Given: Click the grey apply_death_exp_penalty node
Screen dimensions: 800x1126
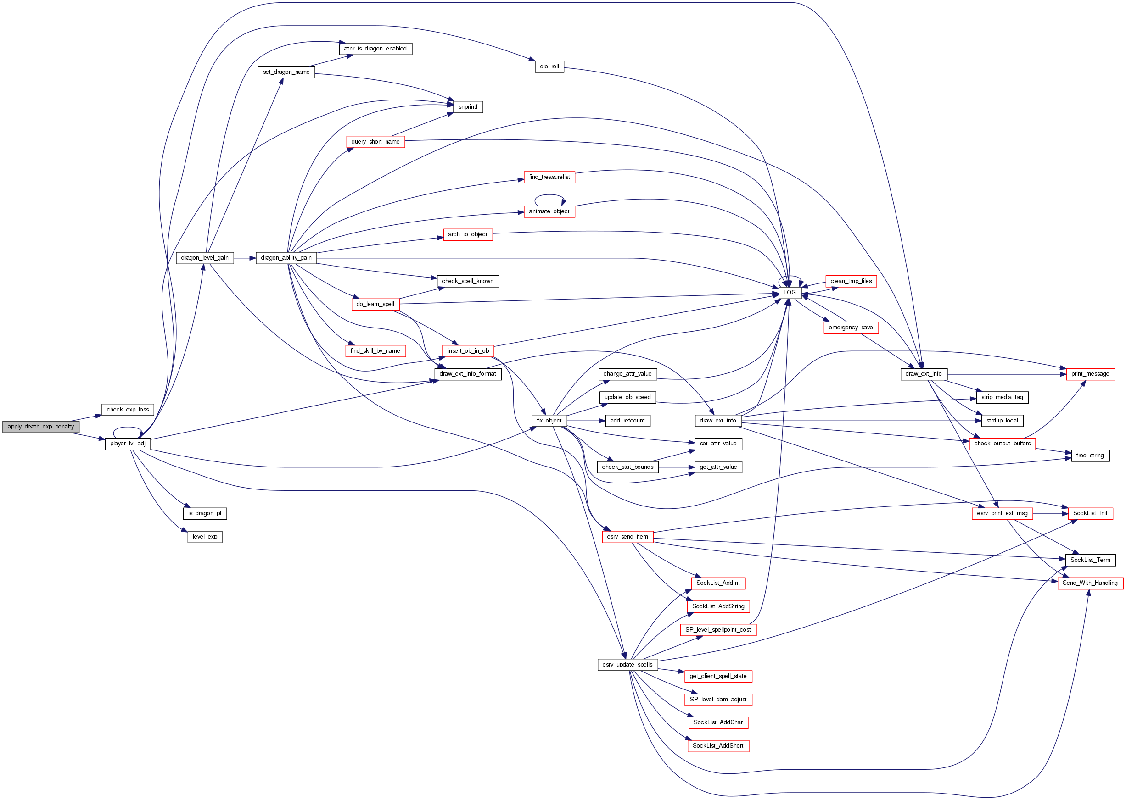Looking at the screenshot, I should pos(40,427).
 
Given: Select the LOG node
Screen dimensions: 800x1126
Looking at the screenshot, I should pos(789,293).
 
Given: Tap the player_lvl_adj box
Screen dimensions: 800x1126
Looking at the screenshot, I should pos(128,444).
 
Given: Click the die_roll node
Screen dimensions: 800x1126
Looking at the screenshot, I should pos(549,67).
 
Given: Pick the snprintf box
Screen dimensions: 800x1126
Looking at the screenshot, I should pos(467,107).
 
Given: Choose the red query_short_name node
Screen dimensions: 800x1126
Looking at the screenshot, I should pos(375,142).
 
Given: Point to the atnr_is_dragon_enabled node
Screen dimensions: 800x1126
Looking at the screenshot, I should pos(375,49).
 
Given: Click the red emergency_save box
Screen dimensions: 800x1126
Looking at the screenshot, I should pos(851,328).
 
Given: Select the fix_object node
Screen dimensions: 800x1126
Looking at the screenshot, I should pos(549,421).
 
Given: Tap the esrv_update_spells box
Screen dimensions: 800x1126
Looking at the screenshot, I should pos(627,665).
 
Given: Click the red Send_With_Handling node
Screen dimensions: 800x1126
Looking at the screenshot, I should pos(1090,583).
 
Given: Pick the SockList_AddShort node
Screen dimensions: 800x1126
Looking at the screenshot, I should pos(718,746).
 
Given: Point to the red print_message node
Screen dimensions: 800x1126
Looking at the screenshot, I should pos(1090,374).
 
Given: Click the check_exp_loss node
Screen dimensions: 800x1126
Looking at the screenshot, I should pos(128,409).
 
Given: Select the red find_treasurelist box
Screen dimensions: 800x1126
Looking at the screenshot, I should pos(549,177).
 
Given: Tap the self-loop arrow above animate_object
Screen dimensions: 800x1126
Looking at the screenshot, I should pos(549,195).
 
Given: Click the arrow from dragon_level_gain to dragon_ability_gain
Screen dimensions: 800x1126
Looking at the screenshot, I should pos(245,258).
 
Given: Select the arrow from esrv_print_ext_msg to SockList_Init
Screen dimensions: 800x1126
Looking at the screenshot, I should pos(1050,513).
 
